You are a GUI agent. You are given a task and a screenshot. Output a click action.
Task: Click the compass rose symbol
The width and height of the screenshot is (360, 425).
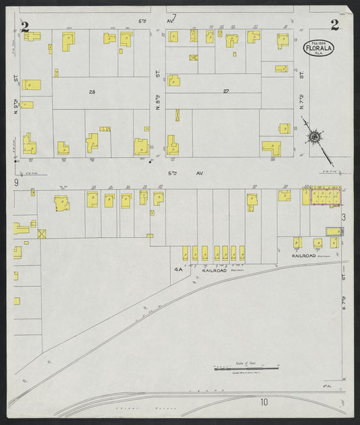[314, 138]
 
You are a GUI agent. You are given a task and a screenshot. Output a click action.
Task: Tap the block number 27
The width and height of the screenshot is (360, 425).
[226, 90]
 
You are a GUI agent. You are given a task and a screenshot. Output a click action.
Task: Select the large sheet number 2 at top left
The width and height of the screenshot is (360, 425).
[26, 27]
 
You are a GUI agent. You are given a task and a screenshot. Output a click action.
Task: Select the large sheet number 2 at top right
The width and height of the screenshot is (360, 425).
[334, 26]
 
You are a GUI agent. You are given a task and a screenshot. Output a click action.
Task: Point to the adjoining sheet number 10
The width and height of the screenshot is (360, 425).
[264, 402]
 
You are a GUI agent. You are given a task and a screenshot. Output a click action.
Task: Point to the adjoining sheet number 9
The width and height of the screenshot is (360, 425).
[16, 182]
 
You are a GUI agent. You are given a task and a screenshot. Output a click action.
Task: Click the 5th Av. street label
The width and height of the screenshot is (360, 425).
[176, 173]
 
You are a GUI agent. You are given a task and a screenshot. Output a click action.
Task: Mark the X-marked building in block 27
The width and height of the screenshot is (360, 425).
[194, 58]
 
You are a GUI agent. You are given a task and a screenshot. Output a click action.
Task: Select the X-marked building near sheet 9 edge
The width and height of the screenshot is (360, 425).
[42, 234]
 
